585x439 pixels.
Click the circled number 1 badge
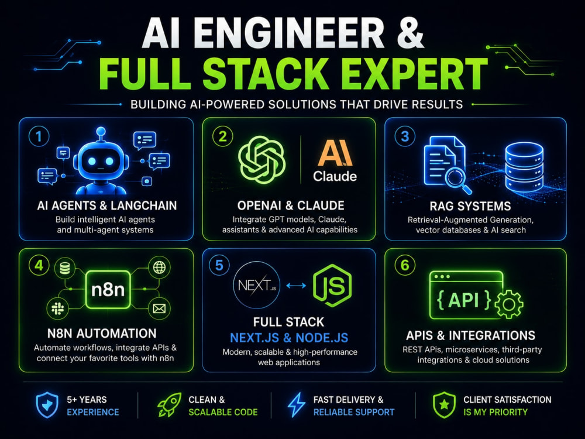point(39,136)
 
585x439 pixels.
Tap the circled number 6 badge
point(405,265)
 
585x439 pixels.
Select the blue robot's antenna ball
point(101,131)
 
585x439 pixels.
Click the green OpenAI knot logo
point(262,160)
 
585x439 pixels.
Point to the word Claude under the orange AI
point(335,176)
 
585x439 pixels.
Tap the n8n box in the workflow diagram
point(108,290)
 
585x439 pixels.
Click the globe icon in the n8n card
point(159,267)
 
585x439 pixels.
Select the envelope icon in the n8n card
point(159,308)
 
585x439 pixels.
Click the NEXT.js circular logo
point(257,285)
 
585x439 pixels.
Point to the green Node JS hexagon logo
point(332,286)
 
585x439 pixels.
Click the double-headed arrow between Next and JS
point(296,286)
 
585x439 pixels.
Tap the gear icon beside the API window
point(509,304)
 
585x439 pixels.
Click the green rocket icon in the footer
point(170,404)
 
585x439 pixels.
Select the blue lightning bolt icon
point(297,404)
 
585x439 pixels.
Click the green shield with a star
point(444,404)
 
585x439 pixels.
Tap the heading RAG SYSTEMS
point(470,206)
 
